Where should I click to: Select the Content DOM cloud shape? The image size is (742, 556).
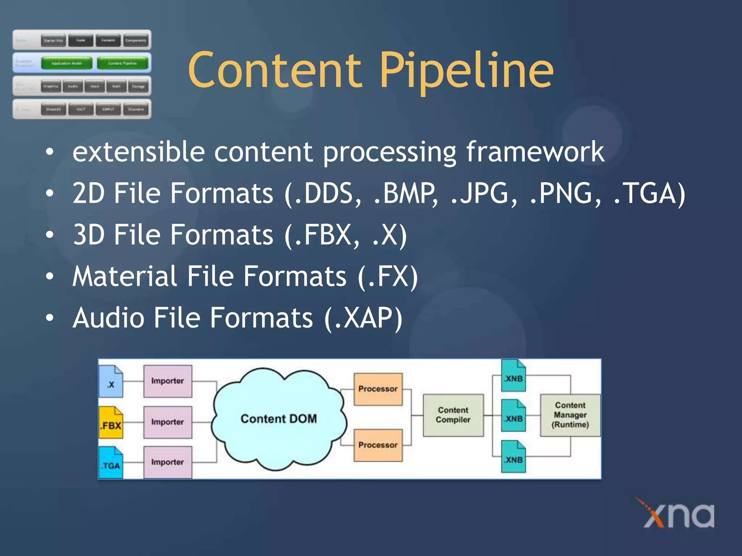pyautogui.click(x=278, y=419)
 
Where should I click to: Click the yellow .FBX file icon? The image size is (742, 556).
pyautogui.click(x=111, y=422)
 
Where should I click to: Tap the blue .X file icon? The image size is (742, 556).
pyautogui.click(x=111, y=382)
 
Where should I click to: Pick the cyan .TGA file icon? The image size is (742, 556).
pyautogui.click(x=111, y=463)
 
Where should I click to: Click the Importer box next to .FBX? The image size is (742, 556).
pyautogui.click(x=167, y=422)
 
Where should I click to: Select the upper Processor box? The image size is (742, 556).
pyautogui.click(x=378, y=389)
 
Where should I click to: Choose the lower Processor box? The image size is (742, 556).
pyautogui.click(x=378, y=445)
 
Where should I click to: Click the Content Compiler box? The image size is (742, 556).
pyautogui.click(x=453, y=415)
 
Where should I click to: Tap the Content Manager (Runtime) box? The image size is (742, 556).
pyautogui.click(x=570, y=415)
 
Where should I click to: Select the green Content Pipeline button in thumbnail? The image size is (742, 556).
pyautogui.click(x=122, y=63)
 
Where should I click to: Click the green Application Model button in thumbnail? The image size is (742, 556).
pyautogui.click(x=67, y=63)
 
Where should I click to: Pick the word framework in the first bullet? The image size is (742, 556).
pyautogui.click(x=535, y=152)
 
